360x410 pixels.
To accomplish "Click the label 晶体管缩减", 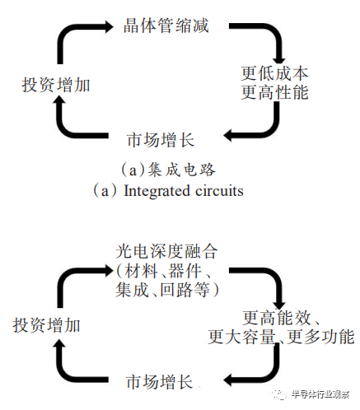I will tap(166, 26).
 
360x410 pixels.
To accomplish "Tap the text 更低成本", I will tap(274, 72).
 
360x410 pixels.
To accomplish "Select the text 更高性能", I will tap(274, 92).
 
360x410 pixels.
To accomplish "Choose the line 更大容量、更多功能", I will tap(281, 338).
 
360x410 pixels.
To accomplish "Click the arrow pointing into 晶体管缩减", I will tap(78, 37).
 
